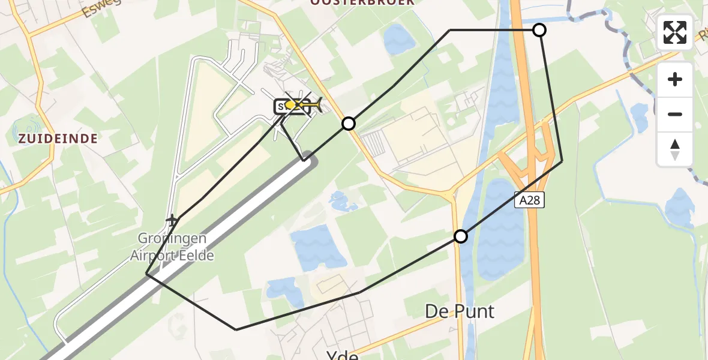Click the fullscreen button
[675, 32]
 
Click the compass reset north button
[675, 149]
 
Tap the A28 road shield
[529, 200]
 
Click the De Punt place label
[460, 311]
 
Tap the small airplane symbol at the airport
[173, 221]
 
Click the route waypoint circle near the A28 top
[539, 30]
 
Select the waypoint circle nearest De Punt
[460, 236]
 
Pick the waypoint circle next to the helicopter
[349, 124]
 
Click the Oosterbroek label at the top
[362, 2]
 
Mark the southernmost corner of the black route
[236, 329]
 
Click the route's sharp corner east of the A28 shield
[562, 161]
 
